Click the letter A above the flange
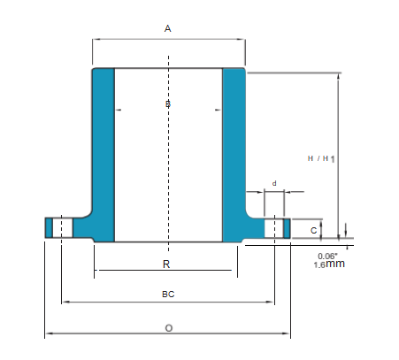pyautogui.click(x=168, y=28)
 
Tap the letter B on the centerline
pyautogui.click(x=168, y=106)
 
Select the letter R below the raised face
pyautogui.click(x=166, y=264)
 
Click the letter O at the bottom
pyautogui.click(x=168, y=327)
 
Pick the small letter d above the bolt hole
pyautogui.click(x=274, y=183)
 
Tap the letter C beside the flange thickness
pyautogui.click(x=314, y=230)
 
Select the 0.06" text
pyautogui.click(x=326, y=256)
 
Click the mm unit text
pyautogui.click(x=334, y=264)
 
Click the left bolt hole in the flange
pyautogui.click(x=61, y=227)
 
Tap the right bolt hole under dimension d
pyautogui.click(x=275, y=227)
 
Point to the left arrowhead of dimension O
pyautogui.click(x=48, y=333)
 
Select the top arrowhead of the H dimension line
pyautogui.click(x=340, y=77)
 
